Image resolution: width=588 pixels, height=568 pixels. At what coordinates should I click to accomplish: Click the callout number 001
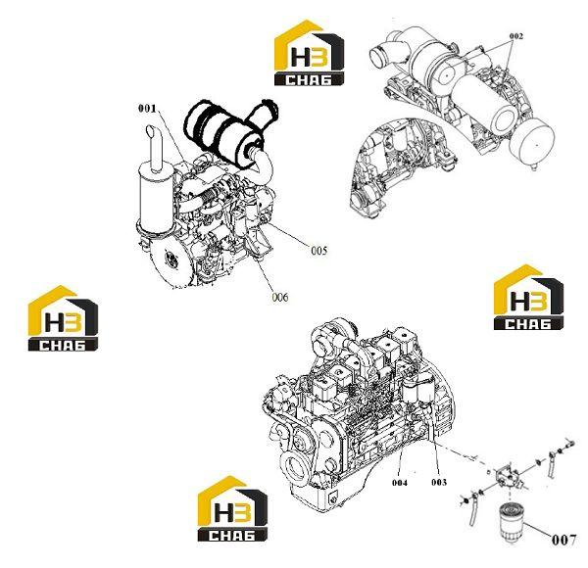tap(147, 109)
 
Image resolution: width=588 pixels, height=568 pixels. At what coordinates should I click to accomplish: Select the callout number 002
tap(516, 36)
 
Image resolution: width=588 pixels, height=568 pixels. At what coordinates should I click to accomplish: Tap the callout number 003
tap(439, 482)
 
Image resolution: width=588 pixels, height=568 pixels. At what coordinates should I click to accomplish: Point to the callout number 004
tap(400, 483)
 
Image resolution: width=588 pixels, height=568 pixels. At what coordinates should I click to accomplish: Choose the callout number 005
tap(319, 251)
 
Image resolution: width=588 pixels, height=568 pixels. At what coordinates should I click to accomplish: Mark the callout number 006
tap(280, 298)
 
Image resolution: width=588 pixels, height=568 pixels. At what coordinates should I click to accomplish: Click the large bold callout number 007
tap(563, 540)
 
